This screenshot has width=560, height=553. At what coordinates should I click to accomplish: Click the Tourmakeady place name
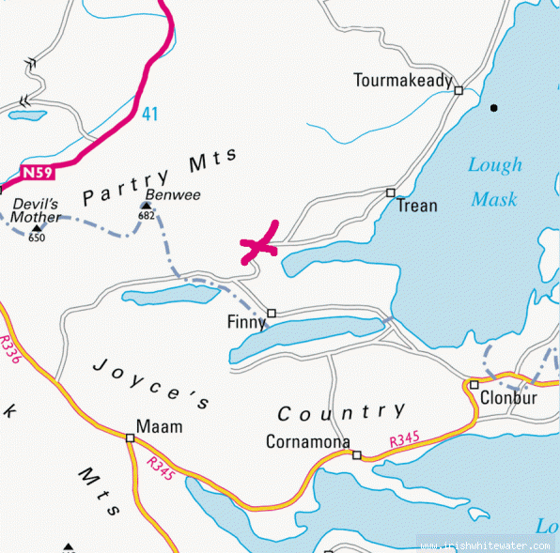point(403,81)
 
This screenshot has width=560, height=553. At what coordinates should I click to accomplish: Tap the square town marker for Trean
point(391,192)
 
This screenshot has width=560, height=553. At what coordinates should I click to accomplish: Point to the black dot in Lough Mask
point(494,108)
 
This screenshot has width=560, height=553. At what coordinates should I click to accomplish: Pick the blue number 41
point(150,114)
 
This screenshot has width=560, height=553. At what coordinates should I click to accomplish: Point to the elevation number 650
point(37,238)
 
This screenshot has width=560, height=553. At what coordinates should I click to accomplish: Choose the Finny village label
point(246,322)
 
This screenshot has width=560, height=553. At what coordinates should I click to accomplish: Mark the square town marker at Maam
point(130,438)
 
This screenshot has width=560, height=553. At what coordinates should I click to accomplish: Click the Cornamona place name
point(308,441)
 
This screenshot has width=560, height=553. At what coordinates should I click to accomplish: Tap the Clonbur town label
point(507,397)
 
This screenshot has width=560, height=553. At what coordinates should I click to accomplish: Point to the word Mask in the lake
point(494,199)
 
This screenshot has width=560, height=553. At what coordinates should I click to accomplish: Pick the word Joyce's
point(151,383)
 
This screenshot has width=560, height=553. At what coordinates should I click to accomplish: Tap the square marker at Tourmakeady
point(459,90)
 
